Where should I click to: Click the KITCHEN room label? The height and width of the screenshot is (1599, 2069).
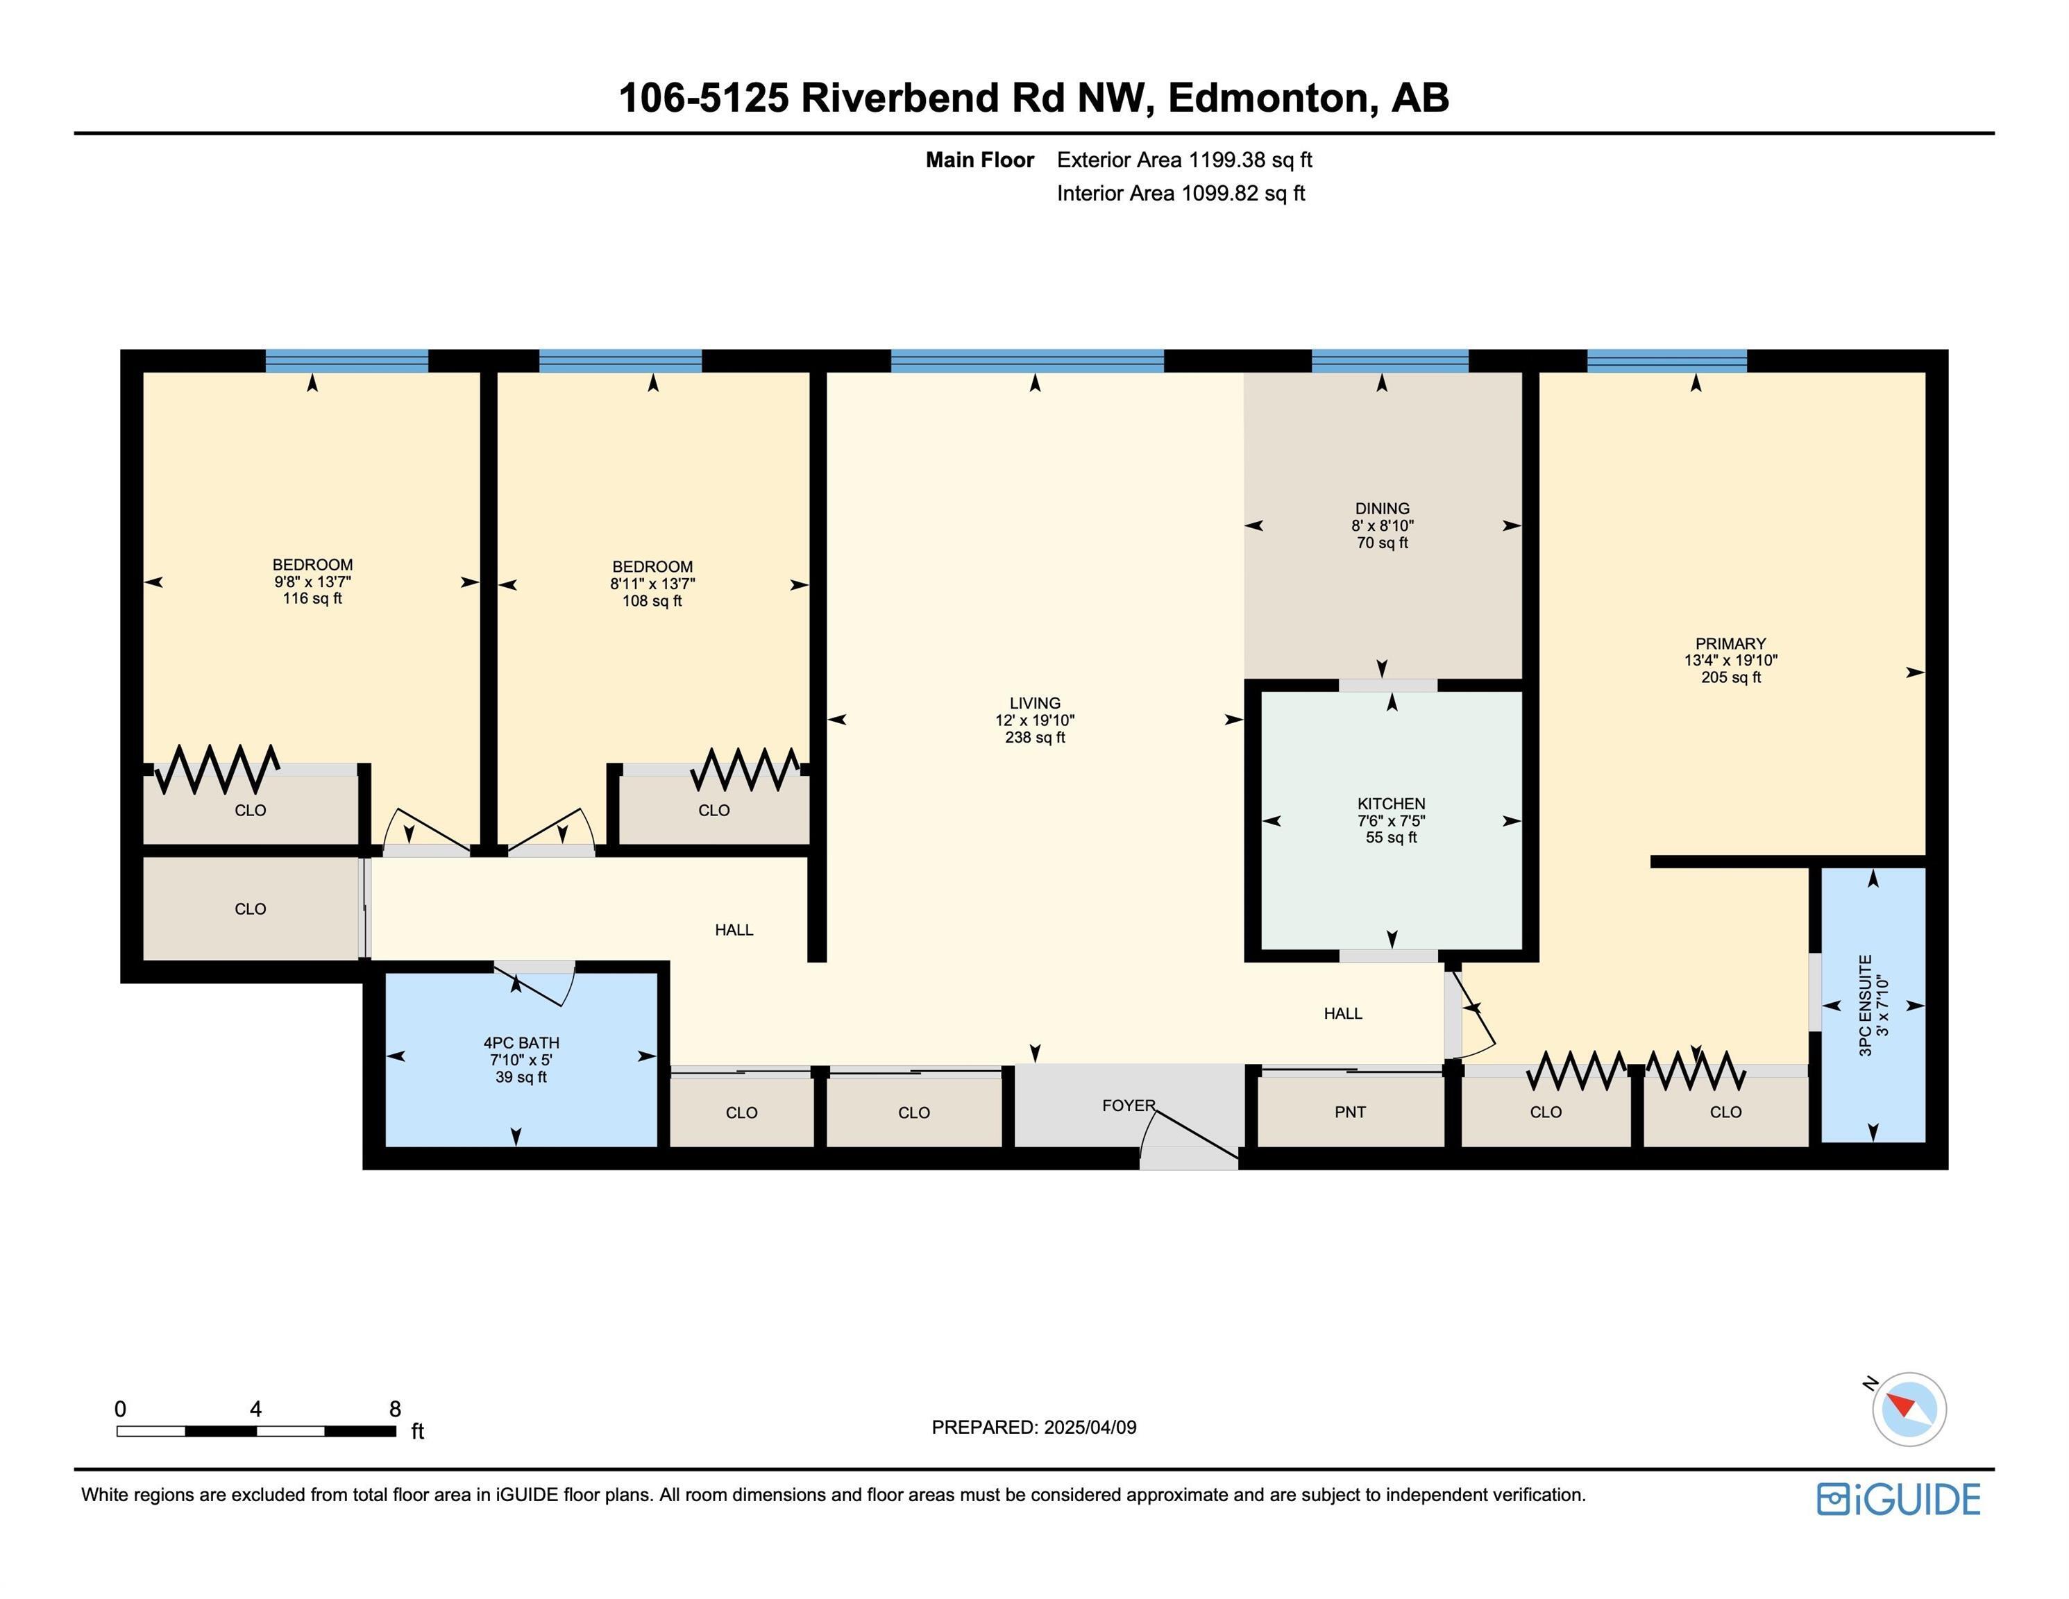(x=1391, y=803)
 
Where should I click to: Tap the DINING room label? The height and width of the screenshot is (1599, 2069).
(x=1382, y=509)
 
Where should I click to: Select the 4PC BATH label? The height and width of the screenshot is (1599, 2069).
(x=521, y=1043)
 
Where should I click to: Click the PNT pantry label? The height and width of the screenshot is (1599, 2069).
(x=1350, y=1112)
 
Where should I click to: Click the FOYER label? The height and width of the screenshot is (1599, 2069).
(x=1129, y=1106)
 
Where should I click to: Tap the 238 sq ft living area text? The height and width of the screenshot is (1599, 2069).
(x=1034, y=738)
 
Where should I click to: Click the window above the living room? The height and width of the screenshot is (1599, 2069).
(x=1027, y=361)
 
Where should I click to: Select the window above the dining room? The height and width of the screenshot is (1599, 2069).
(x=1390, y=361)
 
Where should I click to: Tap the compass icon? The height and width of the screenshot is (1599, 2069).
(x=1909, y=1409)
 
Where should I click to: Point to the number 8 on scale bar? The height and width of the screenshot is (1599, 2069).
(x=395, y=1409)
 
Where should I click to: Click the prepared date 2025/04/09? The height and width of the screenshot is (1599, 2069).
(x=1090, y=1428)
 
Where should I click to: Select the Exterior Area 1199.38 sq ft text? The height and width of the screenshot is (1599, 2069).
(x=1184, y=160)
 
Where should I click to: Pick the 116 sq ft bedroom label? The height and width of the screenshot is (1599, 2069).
(x=312, y=599)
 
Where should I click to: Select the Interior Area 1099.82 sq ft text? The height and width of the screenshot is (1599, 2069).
(x=1181, y=193)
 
